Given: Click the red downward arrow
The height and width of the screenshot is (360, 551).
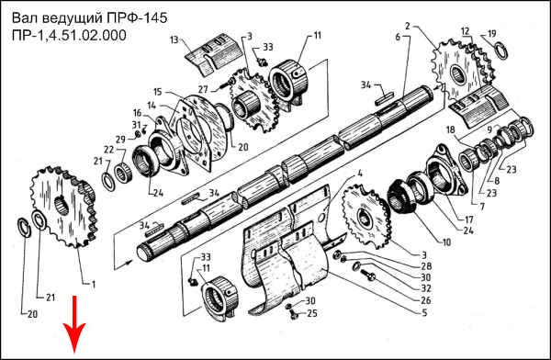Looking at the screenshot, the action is [x=74, y=324].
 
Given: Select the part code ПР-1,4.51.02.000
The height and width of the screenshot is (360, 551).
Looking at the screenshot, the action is [x=69, y=36].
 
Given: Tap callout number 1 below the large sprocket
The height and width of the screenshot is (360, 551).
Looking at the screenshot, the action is [x=94, y=284].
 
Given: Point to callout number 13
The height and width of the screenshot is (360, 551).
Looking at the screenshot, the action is [x=174, y=39].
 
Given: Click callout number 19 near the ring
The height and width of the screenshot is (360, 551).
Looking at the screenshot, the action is [x=492, y=34].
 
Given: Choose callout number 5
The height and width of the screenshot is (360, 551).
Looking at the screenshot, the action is [x=424, y=312].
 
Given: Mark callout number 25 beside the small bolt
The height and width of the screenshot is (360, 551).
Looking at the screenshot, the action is [x=312, y=313].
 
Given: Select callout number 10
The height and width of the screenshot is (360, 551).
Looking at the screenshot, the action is [x=446, y=242].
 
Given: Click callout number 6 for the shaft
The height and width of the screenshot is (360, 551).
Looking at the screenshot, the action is [x=398, y=37].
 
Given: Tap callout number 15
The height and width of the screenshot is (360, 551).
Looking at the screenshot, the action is [x=158, y=92].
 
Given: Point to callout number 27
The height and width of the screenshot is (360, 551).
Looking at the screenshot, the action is [x=203, y=89].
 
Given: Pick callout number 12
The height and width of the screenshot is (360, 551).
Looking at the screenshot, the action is [x=466, y=31].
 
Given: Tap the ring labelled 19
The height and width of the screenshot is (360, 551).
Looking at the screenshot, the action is [x=501, y=51].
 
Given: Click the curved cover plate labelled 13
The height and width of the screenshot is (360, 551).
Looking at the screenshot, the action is [x=214, y=54].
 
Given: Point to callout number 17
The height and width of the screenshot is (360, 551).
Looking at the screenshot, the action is [x=469, y=220].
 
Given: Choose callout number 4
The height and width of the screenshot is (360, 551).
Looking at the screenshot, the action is [x=360, y=174].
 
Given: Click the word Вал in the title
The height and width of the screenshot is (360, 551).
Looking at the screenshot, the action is [x=27, y=18].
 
